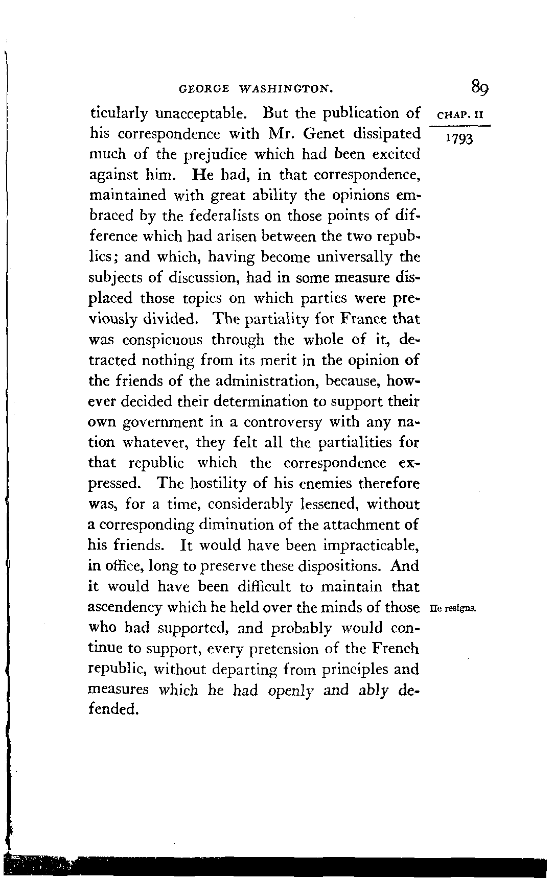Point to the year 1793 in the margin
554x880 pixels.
coord(459,138)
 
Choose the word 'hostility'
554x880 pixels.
coord(217,483)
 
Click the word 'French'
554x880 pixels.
coord(396,649)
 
